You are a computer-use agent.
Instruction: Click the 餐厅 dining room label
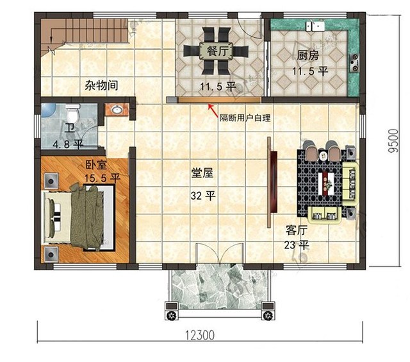click(213, 51)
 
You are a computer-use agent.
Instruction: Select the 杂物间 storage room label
click(101, 84)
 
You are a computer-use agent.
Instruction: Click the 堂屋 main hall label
click(202, 173)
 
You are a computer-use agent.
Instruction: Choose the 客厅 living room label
click(296, 230)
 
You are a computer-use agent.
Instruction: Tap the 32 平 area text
click(202, 196)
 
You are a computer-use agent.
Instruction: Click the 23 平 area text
click(297, 245)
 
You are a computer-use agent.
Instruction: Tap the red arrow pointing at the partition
click(211, 110)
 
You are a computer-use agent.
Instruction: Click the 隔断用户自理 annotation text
click(244, 117)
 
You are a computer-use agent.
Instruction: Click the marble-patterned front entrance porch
click(219, 285)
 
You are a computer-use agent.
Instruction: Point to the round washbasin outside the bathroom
click(117, 110)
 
